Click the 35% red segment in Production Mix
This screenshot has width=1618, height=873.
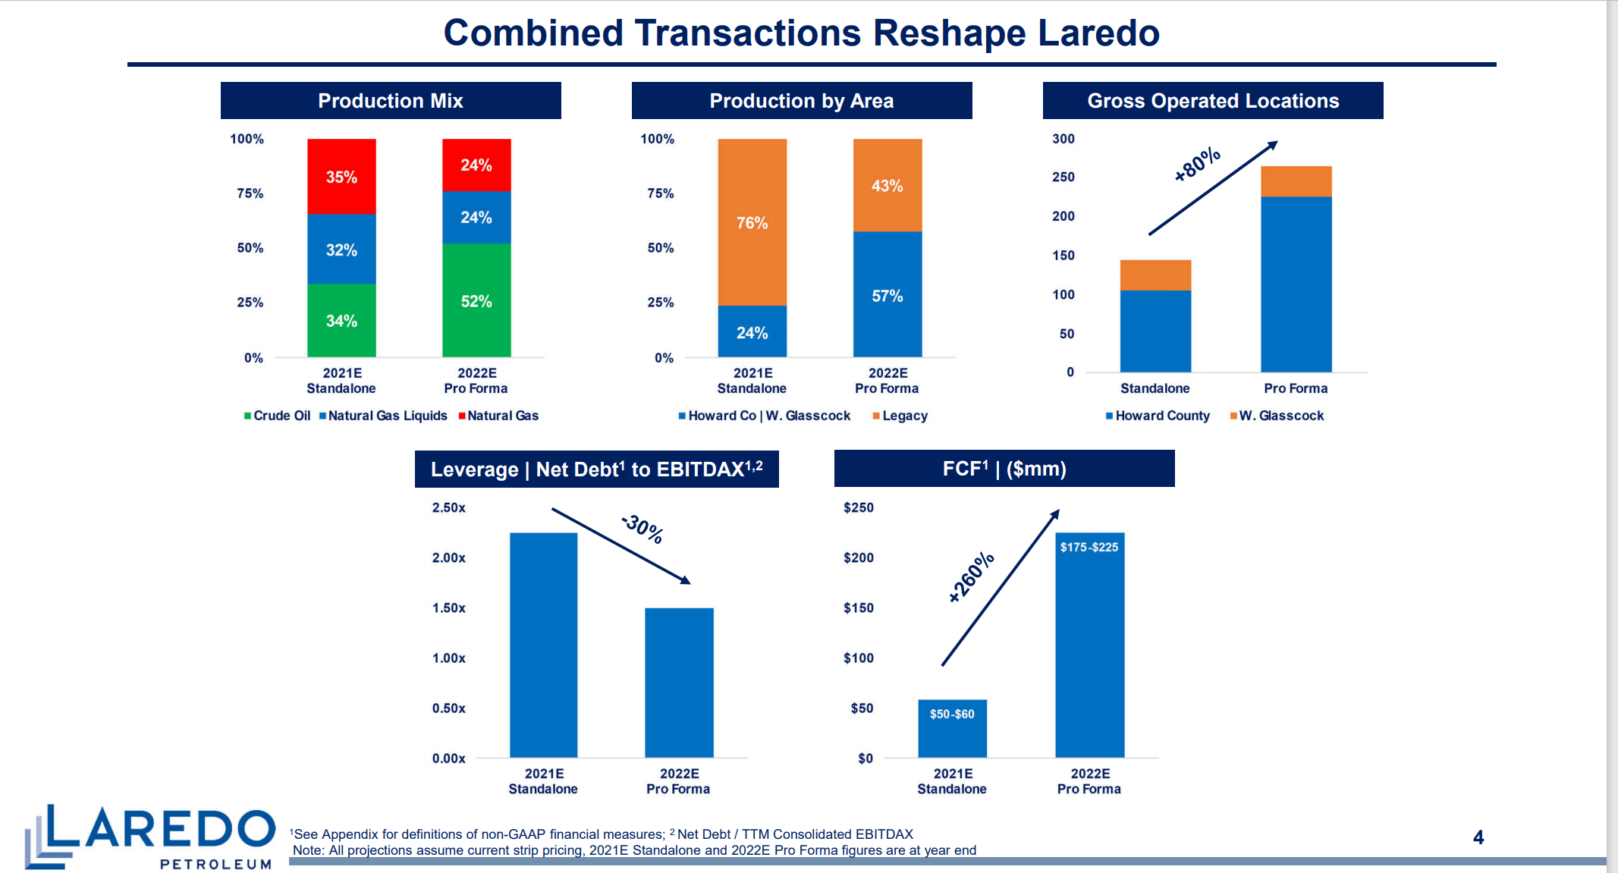point(341,177)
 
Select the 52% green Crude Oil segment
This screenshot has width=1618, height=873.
point(476,301)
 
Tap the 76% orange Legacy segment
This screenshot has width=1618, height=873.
point(752,222)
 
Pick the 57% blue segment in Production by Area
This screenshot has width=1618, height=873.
point(887,295)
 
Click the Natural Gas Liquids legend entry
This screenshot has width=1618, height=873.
point(387,416)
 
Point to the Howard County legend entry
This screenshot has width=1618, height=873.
point(1161,416)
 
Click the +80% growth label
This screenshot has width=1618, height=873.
point(1197,164)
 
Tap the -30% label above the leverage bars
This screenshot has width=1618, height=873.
point(642,529)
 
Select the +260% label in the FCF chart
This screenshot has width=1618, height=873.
point(971,577)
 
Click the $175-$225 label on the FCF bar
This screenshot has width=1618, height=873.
point(1089,547)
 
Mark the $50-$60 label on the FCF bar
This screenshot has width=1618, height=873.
point(952,714)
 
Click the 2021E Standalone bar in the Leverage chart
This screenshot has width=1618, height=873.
point(543,645)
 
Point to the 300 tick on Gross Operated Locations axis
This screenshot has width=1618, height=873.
point(1063,139)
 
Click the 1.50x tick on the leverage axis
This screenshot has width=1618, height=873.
point(448,608)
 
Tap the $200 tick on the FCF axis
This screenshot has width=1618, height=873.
point(858,557)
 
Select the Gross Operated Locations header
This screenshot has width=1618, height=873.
point(1212,101)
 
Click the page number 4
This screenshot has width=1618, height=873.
point(1478,837)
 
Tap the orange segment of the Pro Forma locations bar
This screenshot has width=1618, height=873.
point(1296,181)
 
